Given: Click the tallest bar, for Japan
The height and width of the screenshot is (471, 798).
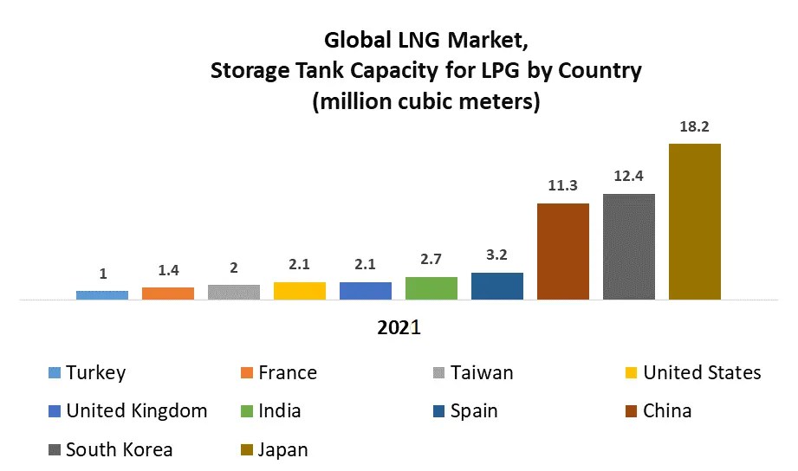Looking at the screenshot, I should (695, 222).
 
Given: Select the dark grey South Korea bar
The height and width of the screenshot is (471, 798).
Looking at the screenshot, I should (629, 247).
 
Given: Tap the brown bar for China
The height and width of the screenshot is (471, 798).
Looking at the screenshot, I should (563, 252).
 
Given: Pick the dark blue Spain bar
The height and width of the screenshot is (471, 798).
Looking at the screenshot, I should (497, 287).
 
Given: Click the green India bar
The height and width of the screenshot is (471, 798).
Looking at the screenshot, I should (431, 288).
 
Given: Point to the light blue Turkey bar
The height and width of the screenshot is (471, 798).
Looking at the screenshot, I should (102, 295).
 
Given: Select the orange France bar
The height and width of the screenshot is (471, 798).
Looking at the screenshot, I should (168, 294).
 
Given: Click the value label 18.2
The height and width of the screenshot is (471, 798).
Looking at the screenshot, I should (695, 126).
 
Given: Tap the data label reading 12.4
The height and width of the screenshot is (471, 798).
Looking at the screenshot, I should (629, 177).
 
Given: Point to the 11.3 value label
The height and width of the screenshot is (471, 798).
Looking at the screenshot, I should (563, 186).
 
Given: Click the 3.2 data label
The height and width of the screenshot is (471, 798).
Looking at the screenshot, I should (497, 255).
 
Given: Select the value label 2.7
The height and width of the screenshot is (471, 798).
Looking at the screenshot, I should (431, 260).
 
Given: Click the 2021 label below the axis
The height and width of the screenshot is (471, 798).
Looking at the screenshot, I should (399, 328).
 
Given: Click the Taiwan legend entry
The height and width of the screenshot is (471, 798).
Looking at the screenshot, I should (482, 373).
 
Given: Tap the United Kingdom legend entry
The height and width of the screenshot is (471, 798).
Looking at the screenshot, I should (136, 410).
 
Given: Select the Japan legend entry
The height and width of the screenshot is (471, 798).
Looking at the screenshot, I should (282, 449).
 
